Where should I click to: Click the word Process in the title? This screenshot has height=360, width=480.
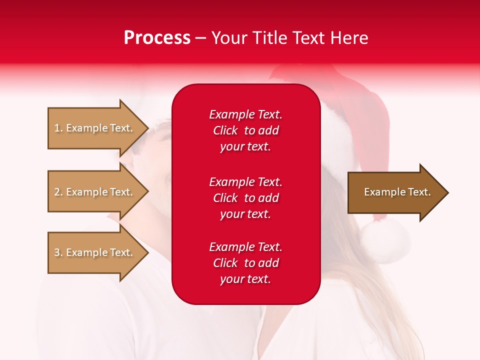click(157, 38)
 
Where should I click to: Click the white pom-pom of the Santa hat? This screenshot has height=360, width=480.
click(385, 239)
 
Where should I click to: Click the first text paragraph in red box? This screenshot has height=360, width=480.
click(245, 130)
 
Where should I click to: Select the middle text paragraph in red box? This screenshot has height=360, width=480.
click(245, 198)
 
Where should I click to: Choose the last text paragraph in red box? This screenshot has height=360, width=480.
click(245, 263)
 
